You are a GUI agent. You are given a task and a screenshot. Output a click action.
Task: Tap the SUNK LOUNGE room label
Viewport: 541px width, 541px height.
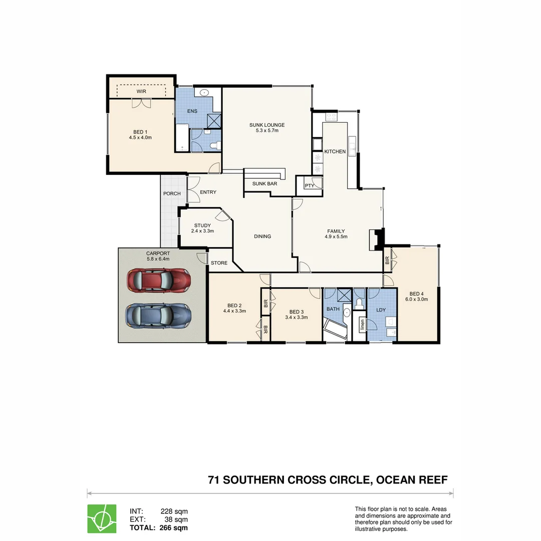pos(267,125)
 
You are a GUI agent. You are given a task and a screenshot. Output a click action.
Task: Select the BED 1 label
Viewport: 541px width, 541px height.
pos(140,131)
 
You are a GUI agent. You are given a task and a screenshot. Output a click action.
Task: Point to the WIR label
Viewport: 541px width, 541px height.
pos(142,92)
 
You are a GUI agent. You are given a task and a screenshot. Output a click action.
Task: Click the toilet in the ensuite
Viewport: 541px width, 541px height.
pos(215,145)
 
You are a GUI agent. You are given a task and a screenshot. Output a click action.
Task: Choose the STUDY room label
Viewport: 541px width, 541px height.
pos(202,225)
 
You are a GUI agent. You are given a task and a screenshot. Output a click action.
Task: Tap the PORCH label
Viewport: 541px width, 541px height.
pos(172,193)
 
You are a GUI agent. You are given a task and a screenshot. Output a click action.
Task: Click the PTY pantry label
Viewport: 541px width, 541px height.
pos(309,186)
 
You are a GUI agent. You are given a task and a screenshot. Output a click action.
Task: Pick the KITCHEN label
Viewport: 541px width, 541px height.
pos(335,151)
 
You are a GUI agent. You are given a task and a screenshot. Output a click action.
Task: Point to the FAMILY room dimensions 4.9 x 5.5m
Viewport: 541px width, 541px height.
pos(336,237)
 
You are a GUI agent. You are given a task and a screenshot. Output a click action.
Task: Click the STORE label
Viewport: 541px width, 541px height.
pos(219,263)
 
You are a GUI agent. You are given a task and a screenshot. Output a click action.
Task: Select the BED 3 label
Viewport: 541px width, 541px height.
pos(297,311)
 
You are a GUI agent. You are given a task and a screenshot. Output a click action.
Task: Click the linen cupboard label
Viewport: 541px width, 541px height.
pos(362,325)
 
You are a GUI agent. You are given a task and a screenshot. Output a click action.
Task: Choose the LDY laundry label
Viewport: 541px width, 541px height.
pos(381,310)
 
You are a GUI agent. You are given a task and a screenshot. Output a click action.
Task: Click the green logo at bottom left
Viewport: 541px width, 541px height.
pos(102,518)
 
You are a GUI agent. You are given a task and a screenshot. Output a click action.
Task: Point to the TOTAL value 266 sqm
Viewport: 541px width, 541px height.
pos(173,527)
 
